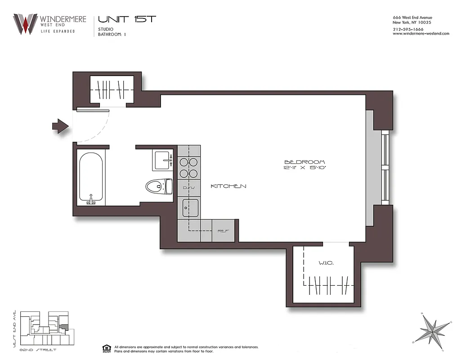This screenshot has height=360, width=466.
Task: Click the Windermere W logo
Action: (x=25, y=24)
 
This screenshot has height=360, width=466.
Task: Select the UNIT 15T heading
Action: (x=127, y=19)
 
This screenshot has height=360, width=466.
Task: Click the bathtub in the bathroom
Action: (x=92, y=178)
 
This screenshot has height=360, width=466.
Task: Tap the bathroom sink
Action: (x=163, y=160)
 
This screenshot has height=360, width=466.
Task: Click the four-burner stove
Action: (x=189, y=168)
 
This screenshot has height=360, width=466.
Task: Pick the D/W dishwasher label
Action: (x=188, y=187)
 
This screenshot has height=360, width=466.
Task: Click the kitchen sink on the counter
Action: (x=190, y=207)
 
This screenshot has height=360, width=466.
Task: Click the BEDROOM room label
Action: (x=305, y=162)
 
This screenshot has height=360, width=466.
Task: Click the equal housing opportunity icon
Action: (x=106, y=348)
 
